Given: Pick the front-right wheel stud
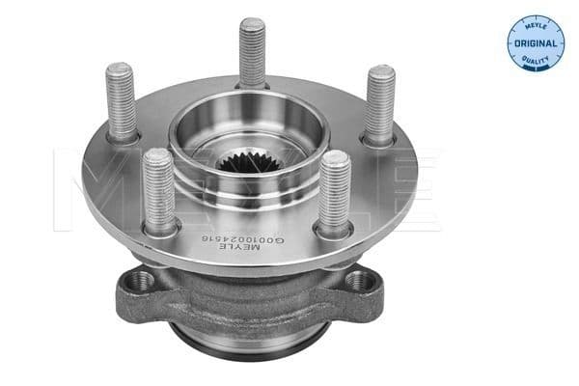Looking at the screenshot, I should (x=335, y=190).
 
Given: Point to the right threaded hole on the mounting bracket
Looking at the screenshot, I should (x=361, y=282).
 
